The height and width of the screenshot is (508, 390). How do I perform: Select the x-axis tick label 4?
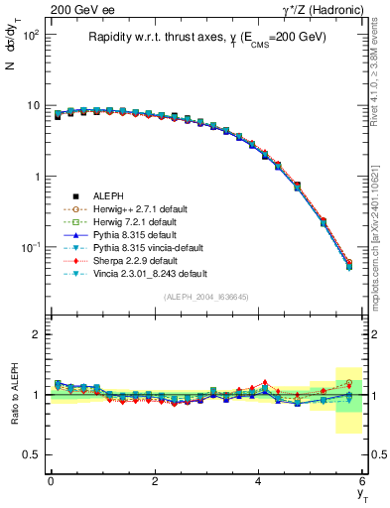click(x=259, y=481)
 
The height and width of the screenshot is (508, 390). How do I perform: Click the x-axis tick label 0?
click(x=51, y=481)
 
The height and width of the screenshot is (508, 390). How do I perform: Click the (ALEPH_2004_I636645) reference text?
click(x=206, y=297)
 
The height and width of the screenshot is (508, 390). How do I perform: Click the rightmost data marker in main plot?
click(x=349, y=265)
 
